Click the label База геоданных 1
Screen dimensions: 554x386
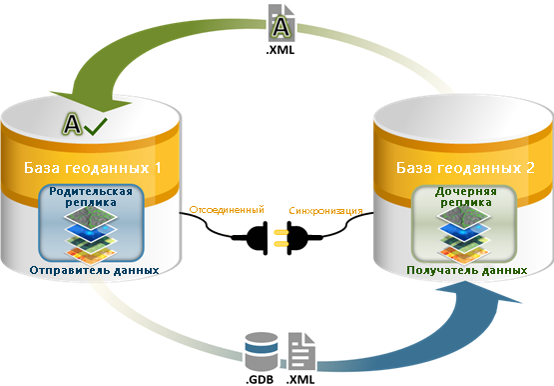pyautogui.click(x=93, y=168)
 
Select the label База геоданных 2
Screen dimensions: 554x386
pyautogui.click(x=465, y=168)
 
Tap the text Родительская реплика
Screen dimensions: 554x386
pyautogui.click(x=91, y=197)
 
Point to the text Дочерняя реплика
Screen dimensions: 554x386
pyautogui.click(x=466, y=197)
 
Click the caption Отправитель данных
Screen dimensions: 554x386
pyautogui.click(x=94, y=270)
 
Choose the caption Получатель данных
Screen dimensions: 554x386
pyautogui.click(x=467, y=270)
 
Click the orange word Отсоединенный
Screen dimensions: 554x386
pyautogui.click(x=227, y=209)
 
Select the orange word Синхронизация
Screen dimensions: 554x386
pyautogui.click(x=325, y=211)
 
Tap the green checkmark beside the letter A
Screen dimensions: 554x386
pyautogui.click(x=96, y=127)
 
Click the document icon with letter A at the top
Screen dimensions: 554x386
pyautogui.click(x=281, y=23)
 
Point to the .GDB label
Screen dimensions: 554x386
pyautogui.click(x=260, y=380)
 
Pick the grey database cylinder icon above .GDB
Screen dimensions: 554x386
pyautogui.click(x=262, y=351)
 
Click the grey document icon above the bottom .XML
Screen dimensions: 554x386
pyautogui.click(x=301, y=351)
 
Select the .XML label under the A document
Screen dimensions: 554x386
pyautogui.click(x=280, y=50)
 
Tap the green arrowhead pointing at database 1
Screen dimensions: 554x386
pyautogui.click(x=93, y=101)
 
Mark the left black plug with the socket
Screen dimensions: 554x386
pyautogui.click(x=257, y=238)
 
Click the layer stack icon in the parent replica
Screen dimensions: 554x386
pyautogui.click(x=91, y=236)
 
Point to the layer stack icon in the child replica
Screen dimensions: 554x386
pyautogui.click(x=464, y=236)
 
